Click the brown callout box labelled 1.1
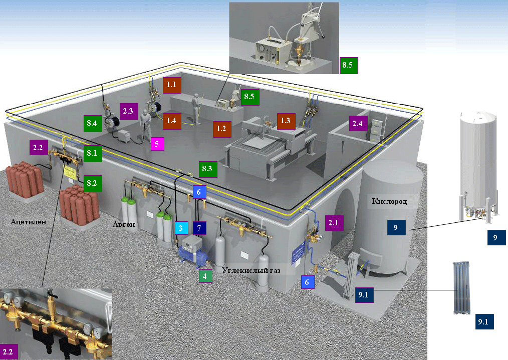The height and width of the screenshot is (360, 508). (x=172, y=85)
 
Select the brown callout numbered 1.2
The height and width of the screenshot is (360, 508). (x=221, y=129)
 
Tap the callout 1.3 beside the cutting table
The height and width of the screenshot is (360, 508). (x=286, y=121)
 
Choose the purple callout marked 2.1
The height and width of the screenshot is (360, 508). (x=334, y=222)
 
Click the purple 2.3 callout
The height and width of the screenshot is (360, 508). (x=127, y=111)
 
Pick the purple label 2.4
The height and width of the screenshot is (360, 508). (x=358, y=123)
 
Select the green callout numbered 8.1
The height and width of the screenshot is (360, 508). (x=93, y=153)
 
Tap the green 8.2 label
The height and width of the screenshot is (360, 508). (x=93, y=183)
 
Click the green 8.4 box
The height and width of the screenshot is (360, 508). (x=93, y=123)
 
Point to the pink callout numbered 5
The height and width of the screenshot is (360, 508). (x=157, y=144)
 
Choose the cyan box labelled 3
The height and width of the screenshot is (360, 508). (x=181, y=228)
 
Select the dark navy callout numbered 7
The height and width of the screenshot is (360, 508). (x=199, y=228)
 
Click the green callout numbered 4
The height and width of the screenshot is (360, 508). (x=205, y=275)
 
